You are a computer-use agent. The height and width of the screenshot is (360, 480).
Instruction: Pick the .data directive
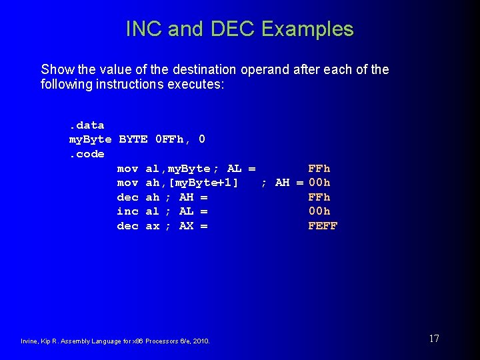pyautogui.click(x=87, y=125)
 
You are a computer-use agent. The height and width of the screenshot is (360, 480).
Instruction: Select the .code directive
pyautogui.click(x=87, y=154)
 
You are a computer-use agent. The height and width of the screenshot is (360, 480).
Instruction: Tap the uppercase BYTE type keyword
pyautogui.click(x=133, y=139)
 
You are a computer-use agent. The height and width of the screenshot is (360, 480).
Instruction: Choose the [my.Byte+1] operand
pyautogui.click(x=199, y=183)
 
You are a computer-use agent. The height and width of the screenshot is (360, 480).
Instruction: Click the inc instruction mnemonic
pyautogui.click(x=127, y=211)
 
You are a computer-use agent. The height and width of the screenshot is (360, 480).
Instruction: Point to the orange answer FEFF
pyautogui.click(x=323, y=226)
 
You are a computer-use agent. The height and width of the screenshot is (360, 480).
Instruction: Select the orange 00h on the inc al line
pyautogui.click(x=319, y=211)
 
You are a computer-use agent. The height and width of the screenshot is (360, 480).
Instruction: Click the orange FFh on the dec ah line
pyautogui.click(x=319, y=197)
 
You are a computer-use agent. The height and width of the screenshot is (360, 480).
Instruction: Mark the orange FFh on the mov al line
pyautogui.click(x=319, y=169)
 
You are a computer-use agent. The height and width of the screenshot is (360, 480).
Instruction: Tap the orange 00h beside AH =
pyautogui.click(x=319, y=183)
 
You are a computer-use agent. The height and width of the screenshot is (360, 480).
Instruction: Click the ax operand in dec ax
pyautogui.click(x=153, y=226)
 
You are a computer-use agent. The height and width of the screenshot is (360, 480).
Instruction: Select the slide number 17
pyautogui.click(x=434, y=339)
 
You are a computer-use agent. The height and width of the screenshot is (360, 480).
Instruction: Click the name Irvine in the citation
pyautogui.click(x=31, y=341)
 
